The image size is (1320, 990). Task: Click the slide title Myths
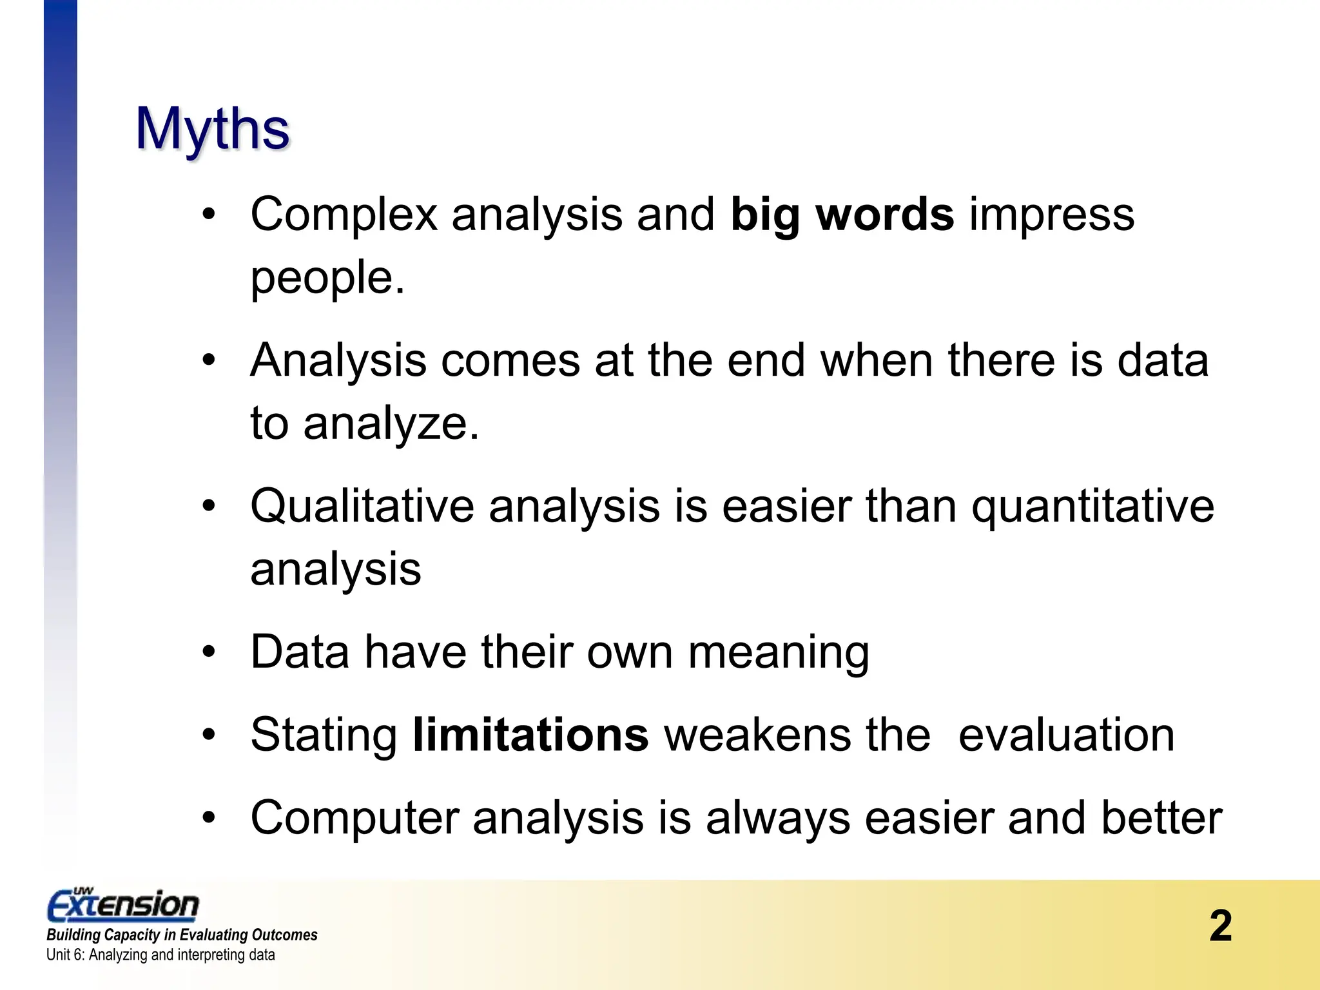213,129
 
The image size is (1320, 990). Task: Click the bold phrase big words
842,214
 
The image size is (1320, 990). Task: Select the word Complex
344,214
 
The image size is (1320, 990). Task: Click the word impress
1051,214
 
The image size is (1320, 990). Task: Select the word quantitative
1092,506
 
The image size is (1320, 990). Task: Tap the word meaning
779,652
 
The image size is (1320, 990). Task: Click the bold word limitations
530,735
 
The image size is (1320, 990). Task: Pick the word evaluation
1066,735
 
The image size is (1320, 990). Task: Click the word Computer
354,817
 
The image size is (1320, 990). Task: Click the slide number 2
1220,926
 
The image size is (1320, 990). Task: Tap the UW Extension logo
123,904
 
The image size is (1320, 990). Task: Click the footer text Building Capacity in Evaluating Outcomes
182,935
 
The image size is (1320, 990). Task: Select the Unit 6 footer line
160,955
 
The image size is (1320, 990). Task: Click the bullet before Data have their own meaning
208,652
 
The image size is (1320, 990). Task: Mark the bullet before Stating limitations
208,735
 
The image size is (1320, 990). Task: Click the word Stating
324,735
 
